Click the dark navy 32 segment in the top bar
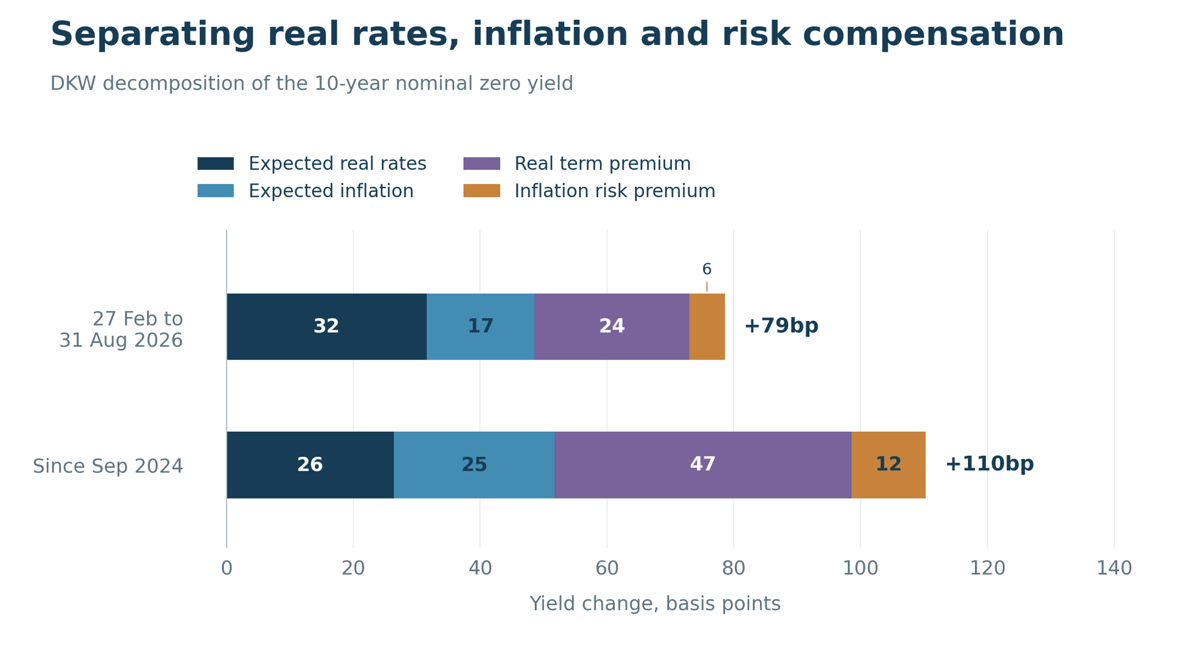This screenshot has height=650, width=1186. pos(326,327)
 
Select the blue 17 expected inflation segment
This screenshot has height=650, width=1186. pos(481,327)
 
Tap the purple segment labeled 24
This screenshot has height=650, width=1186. pos(611,327)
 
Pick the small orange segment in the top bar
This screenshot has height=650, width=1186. pos(707,327)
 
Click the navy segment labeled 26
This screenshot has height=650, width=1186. pos(310,465)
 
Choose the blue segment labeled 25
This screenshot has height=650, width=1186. pos(474,465)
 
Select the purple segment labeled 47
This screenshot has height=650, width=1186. pos(703,465)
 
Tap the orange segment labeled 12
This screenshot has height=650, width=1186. pos(889,465)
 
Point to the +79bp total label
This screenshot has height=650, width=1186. pos(781,326)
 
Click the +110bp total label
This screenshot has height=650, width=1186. pos(989,464)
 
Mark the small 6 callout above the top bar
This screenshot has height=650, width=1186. pos(707,269)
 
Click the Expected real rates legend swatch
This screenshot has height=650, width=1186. pos(216,164)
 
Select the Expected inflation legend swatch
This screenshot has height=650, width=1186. pos(216,191)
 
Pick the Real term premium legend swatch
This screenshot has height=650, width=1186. pos(482,164)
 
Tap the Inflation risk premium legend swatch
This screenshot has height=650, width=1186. pos(482,191)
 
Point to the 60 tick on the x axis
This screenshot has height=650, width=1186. pos(607,569)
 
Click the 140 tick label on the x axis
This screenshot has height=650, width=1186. pos(1114,569)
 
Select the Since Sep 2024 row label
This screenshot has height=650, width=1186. pos(108,466)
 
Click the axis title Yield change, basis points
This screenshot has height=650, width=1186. pos(655,604)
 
